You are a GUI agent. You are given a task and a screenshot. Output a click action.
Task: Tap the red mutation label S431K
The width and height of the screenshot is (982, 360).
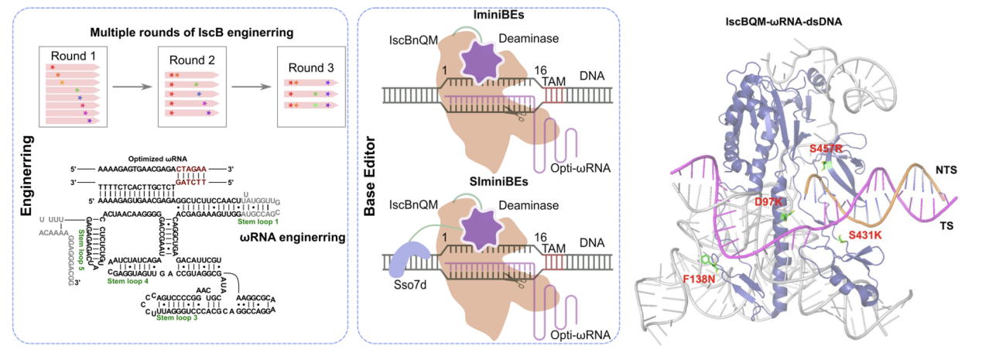866,234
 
